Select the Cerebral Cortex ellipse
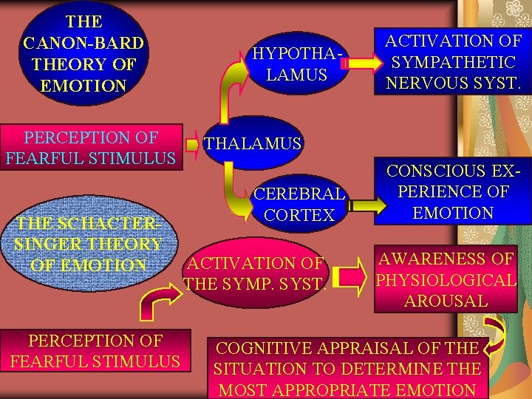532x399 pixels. [x=299, y=204]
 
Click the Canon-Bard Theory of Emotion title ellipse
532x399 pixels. [x=83, y=53]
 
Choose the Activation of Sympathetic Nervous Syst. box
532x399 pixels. [x=453, y=62]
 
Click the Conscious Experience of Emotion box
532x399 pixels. [x=453, y=192]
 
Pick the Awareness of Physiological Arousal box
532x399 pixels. [x=446, y=279]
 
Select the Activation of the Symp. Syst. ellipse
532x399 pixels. [x=255, y=272]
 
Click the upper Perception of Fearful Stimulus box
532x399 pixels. [x=91, y=147]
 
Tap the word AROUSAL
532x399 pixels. [x=446, y=301]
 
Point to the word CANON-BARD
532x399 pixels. [x=83, y=43]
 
